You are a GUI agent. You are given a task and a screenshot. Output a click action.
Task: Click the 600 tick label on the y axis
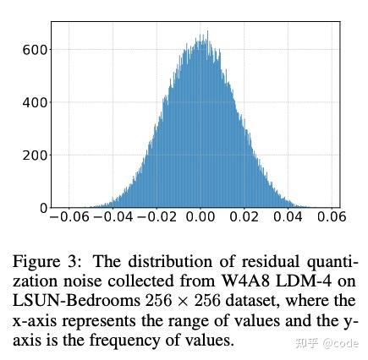(34, 50)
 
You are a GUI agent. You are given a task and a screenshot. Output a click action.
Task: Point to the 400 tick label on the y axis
(34, 103)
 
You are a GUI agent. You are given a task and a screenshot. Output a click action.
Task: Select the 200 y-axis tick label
(34, 155)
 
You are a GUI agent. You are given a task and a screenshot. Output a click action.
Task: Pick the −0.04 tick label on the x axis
(113, 217)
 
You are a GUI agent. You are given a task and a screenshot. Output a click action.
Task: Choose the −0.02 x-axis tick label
(157, 217)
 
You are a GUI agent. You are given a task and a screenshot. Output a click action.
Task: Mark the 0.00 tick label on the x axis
(201, 217)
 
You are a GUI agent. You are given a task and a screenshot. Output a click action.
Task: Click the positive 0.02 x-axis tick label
(245, 217)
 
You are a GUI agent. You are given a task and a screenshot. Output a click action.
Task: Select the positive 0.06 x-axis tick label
(332, 217)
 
